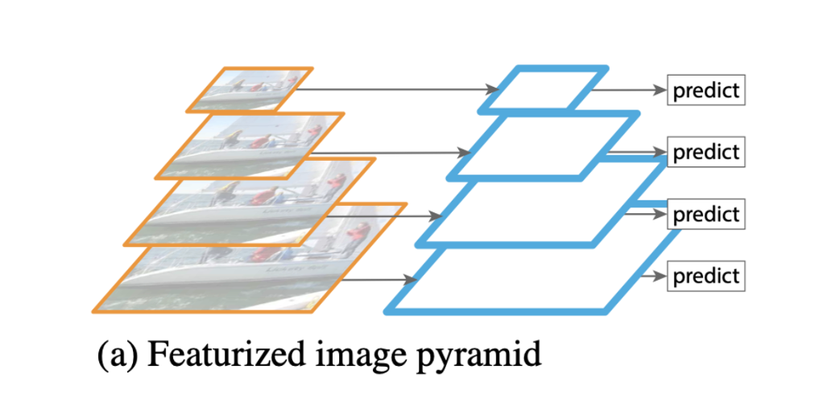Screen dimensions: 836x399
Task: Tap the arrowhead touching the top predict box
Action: coord(659,89)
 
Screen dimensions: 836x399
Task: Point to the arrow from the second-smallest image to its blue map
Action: coord(387,152)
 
